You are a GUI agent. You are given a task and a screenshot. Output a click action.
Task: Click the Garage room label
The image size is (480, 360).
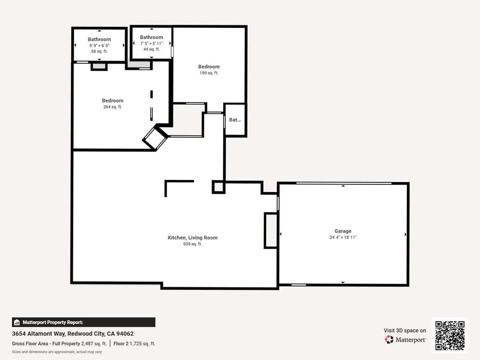coord(343,231)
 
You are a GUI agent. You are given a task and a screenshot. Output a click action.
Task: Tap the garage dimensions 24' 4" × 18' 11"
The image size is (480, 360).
coord(343,237)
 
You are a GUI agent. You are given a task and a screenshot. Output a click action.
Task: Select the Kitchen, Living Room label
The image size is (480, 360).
coord(193,238)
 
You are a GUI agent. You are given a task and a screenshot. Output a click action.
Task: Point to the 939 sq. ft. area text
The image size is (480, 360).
coord(193,244)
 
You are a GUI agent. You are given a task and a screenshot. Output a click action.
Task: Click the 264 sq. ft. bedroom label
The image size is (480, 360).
coord(112,107)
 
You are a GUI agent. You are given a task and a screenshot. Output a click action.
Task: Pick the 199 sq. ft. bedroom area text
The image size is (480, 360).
coord(209,73)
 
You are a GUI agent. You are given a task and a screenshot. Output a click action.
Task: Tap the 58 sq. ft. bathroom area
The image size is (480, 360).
coord(99,51)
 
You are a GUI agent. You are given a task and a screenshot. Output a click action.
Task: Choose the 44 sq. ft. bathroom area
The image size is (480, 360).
coord(151,49)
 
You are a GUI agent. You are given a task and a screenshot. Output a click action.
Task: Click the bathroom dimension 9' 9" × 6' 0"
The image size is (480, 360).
coord(99,46)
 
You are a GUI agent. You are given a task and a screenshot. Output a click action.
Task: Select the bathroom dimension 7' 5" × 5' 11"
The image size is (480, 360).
coord(151,43)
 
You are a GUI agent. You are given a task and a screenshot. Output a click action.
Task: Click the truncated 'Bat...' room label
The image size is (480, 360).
coord(235,120)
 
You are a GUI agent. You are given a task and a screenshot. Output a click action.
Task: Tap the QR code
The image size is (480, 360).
coord(450,336)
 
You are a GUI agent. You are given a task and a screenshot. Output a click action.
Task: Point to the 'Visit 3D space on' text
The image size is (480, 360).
coord(405,330)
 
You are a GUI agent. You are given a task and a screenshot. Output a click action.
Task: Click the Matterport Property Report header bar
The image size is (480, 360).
coord(84,322)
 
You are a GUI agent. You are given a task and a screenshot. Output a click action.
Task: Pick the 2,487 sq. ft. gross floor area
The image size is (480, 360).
coord(94,344)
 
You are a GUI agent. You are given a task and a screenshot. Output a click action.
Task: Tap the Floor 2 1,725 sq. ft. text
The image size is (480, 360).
coord(134,344)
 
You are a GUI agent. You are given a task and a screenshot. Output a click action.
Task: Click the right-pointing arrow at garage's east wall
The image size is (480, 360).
coord(406,234)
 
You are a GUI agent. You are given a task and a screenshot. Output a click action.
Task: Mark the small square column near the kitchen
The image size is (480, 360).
coord(219,187)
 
